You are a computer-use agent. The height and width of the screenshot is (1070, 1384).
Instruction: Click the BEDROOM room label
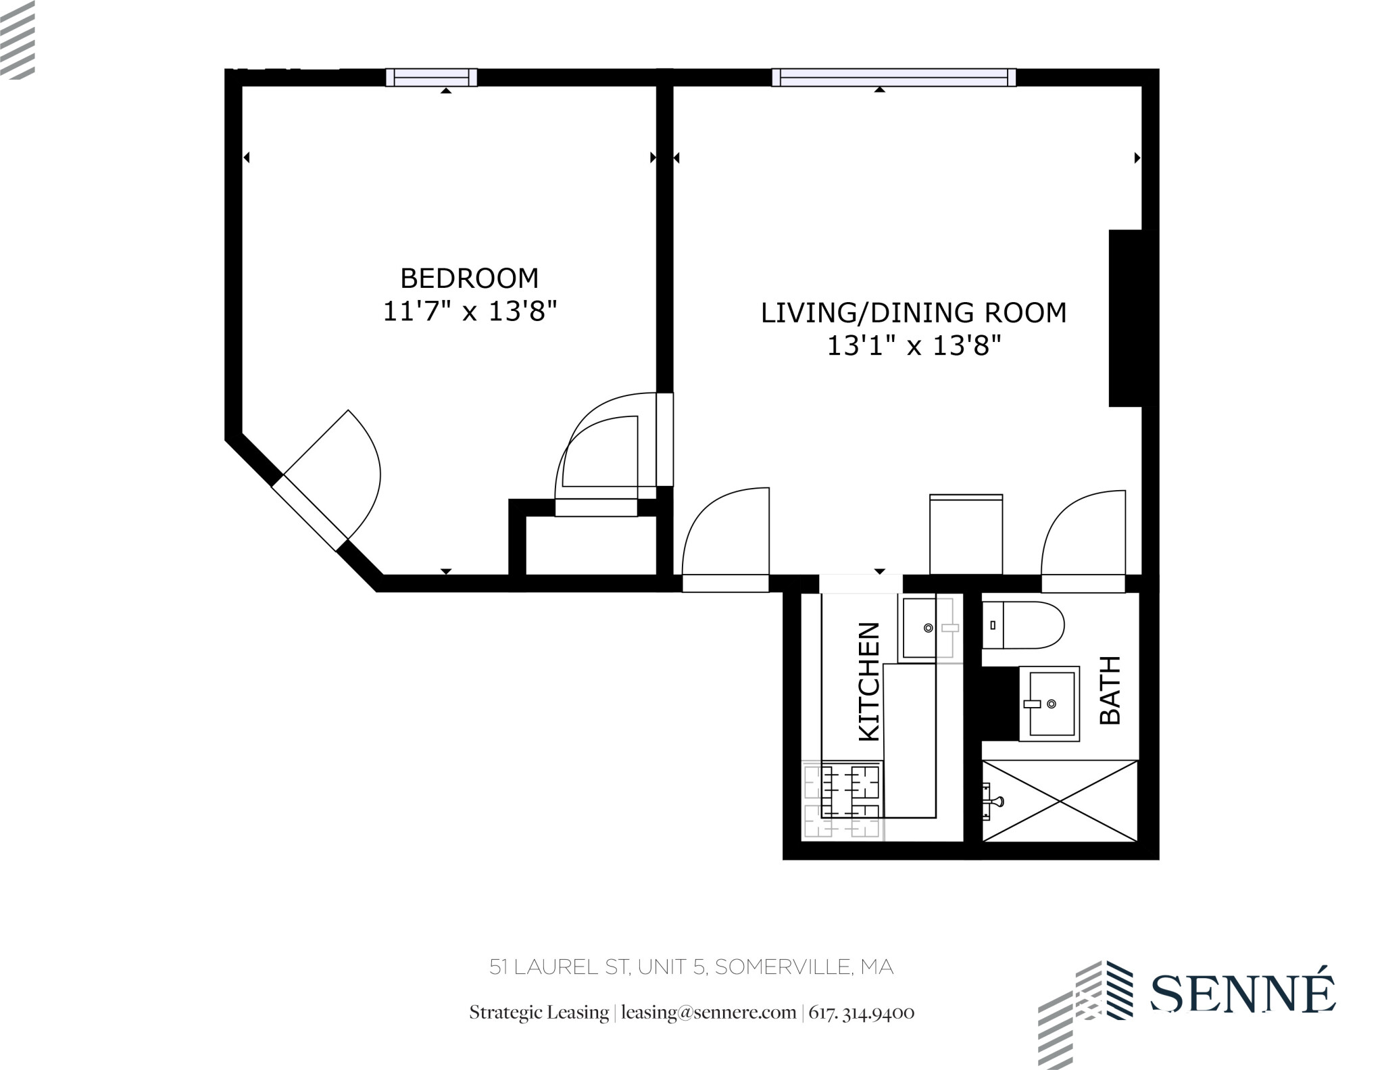[x=469, y=278]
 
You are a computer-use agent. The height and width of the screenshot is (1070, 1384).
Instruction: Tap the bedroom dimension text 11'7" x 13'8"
[x=469, y=312]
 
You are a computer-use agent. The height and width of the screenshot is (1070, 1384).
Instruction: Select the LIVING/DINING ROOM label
[x=913, y=313]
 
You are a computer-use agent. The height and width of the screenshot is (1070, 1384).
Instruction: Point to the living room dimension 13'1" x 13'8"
[x=913, y=346]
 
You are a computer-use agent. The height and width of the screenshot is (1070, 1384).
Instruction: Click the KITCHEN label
[x=869, y=681]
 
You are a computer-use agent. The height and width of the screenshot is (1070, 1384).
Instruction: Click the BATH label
[x=1110, y=689]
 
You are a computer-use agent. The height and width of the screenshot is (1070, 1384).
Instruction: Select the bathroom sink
[x=1049, y=703]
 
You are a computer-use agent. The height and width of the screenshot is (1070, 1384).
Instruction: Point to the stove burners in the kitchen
[x=843, y=800]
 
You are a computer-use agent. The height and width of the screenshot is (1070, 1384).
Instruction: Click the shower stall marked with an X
[x=1059, y=800]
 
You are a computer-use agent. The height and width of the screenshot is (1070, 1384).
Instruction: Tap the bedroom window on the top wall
[x=431, y=78]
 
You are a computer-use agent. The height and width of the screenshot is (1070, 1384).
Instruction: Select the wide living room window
[x=893, y=78]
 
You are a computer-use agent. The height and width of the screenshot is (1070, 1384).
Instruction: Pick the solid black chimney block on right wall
[x=1125, y=318]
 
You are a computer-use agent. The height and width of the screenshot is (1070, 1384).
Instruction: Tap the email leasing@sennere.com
[x=708, y=1013]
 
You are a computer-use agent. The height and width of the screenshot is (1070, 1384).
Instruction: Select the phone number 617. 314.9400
[x=862, y=1013]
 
